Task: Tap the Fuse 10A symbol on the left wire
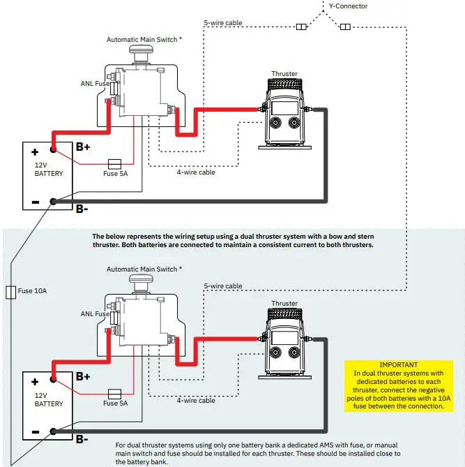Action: coord(10,291)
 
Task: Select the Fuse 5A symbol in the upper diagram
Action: coord(115,164)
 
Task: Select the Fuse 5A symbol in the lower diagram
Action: coord(115,394)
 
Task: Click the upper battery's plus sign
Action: coord(33,151)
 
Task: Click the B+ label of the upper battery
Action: coord(83,147)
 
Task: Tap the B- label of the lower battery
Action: coord(82,439)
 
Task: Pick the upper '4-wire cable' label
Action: coord(196,172)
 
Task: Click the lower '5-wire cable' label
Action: coord(223,286)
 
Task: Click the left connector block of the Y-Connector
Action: coord(301,27)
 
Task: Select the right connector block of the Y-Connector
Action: coord(344,27)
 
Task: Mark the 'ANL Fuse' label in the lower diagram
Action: coord(96,314)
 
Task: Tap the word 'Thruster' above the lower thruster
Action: coord(284,304)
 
